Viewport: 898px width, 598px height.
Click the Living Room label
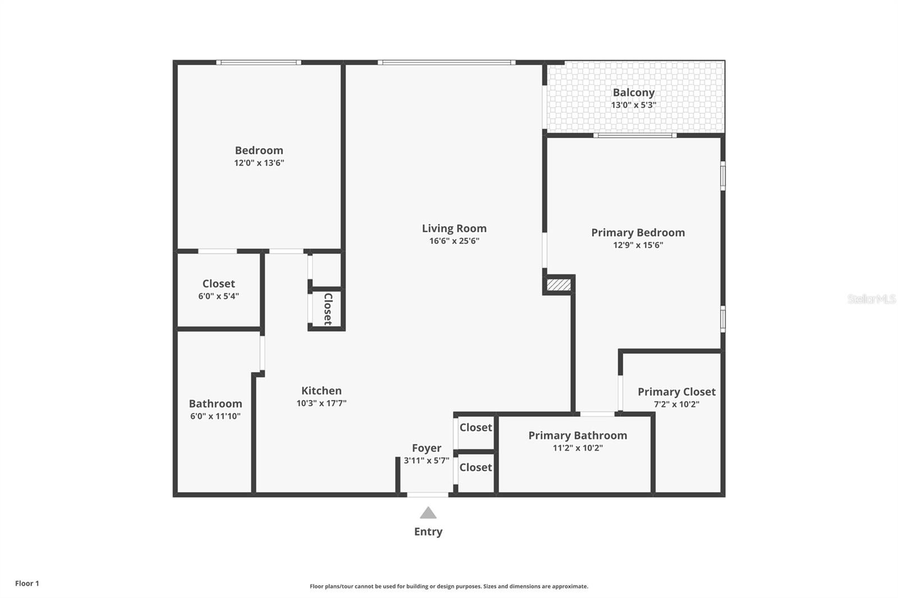[454, 228]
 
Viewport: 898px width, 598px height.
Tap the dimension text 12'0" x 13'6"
[259, 163]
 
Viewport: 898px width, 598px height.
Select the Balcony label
[634, 93]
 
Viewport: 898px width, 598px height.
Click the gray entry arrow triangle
[428, 513]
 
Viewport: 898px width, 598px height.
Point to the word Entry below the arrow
[428, 532]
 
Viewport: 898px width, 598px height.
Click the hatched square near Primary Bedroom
[558, 285]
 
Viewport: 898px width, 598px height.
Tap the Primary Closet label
[676, 392]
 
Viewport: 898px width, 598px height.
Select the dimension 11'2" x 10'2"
[578, 448]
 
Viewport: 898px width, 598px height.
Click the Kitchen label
[321, 390]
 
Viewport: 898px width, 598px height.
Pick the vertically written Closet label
[328, 309]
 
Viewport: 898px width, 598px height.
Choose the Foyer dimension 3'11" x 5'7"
[426, 461]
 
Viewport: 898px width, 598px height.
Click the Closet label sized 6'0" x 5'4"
[218, 284]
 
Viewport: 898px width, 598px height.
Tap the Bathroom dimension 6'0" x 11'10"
[215, 416]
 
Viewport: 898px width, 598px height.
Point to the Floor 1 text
[27, 583]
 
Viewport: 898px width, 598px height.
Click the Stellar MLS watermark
[871, 299]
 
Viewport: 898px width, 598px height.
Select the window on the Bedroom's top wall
[259, 63]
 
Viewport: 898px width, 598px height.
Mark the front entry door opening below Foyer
[428, 495]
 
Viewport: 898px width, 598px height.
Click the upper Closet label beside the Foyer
[475, 427]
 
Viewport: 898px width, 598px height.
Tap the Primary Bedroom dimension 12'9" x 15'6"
[638, 245]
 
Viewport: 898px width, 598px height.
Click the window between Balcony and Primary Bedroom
[635, 135]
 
